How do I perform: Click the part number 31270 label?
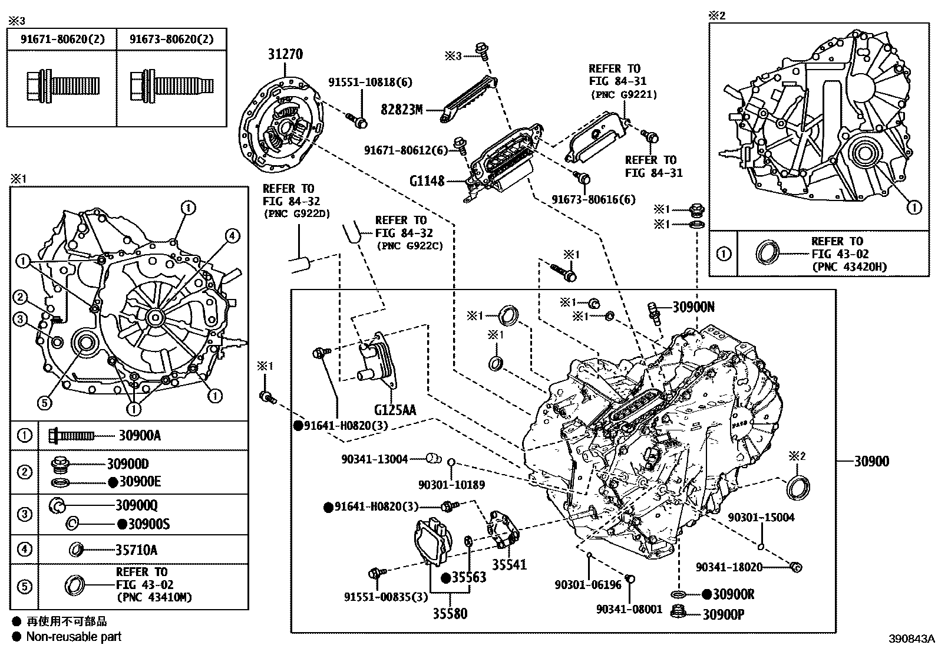click(x=285, y=54)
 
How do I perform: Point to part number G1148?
click(x=427, y=181)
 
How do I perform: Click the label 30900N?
click(x=693, y=307)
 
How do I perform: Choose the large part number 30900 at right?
click(x=871, y=461)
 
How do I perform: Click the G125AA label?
click(x=395, y=409)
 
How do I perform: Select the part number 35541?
click(x=509, y=564)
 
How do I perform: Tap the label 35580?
click(x=450, y=614)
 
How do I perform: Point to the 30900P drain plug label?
click(x=723, y=615)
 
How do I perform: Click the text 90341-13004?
click(x=374, y=459)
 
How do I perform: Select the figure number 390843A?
click(x=912, y=639)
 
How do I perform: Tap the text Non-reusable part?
click(x=74, y=636)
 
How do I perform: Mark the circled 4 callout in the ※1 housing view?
click(x=232, y=236)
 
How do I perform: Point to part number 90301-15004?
click(x=761, y=517)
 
